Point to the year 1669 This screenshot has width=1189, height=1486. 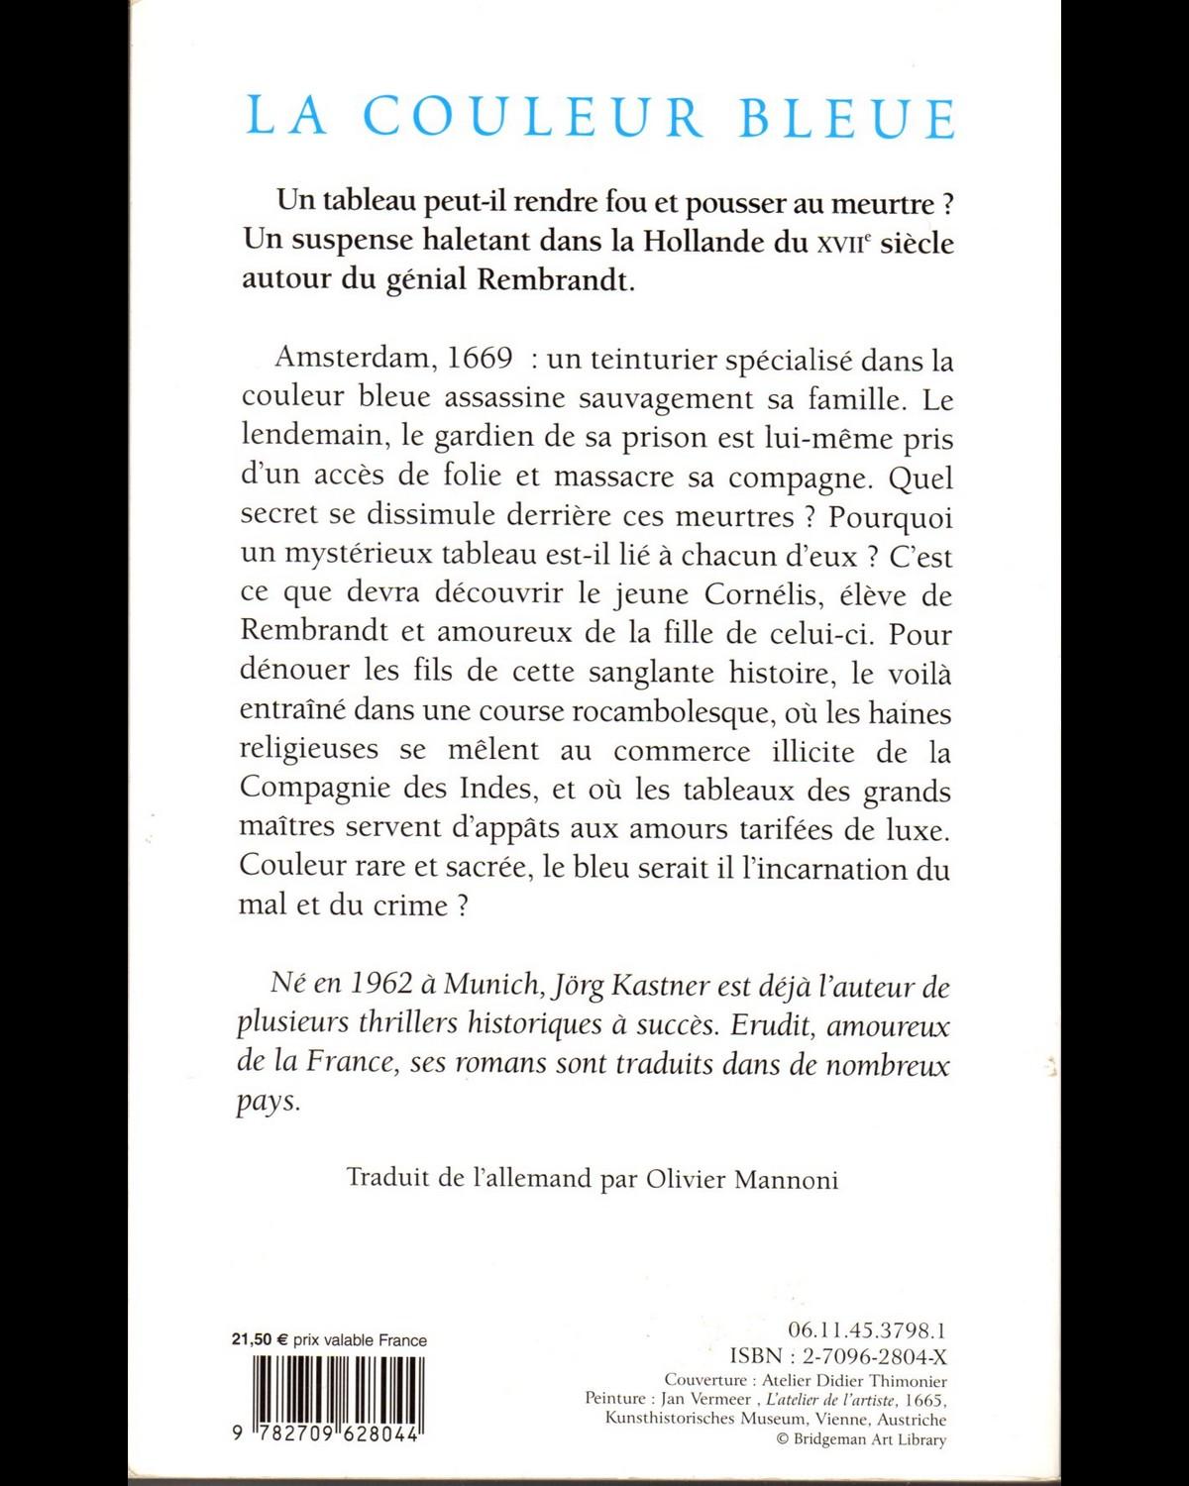point(480,358)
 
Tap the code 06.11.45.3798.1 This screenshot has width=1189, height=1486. point(866,1330)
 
